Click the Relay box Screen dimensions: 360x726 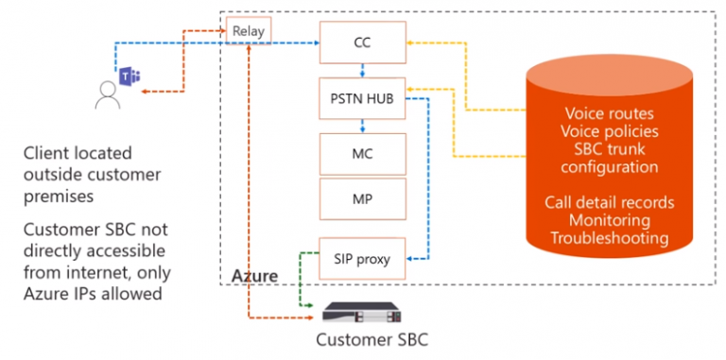point(250,32)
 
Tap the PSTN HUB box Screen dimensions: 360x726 point(363,98)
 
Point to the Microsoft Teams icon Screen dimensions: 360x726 point(128,77)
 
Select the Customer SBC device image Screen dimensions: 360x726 point(363,313)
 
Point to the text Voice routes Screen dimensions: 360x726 point(608,115)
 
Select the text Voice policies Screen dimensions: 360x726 point(608,133)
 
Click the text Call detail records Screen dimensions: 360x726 point(608,202)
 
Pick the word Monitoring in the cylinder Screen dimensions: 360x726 point(608,220)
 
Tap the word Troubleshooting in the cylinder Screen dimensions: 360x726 point(608,238)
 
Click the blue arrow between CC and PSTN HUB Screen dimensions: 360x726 point(363,72)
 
